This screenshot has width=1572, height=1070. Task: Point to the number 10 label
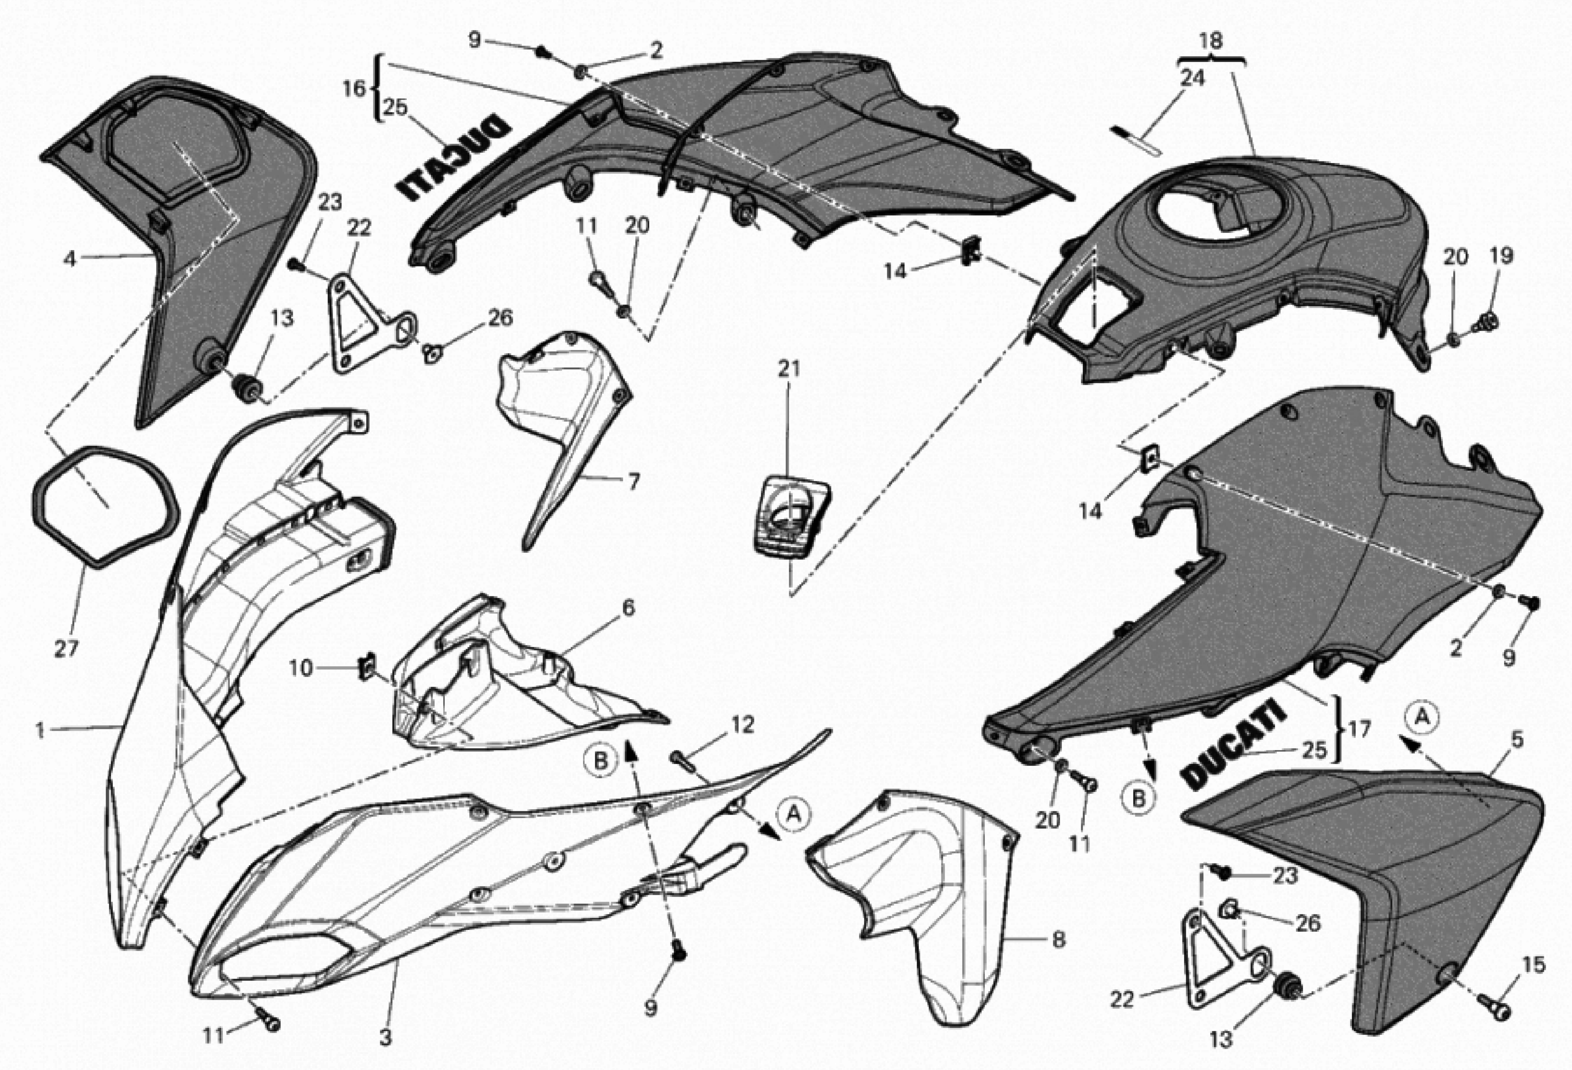(x=301, y=668)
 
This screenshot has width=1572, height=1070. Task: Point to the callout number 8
(x=1059, y=939)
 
